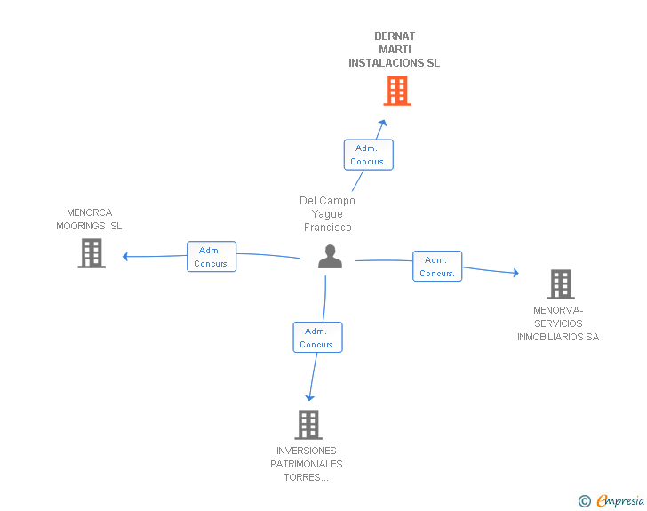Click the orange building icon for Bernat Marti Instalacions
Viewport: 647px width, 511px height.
(397, 91)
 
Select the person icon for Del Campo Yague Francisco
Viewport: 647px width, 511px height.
(330, 257)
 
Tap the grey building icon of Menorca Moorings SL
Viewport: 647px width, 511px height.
(92, 253)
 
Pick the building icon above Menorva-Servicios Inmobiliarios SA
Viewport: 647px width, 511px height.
(560, 284)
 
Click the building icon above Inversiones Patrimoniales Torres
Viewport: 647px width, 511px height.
(308, 425)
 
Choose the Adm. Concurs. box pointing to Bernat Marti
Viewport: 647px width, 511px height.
(368, 155)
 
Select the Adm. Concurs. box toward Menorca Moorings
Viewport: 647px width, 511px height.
(212, 257)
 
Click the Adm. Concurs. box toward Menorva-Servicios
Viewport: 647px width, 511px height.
(436, 267)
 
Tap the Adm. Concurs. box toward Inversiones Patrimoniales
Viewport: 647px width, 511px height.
(317, 338)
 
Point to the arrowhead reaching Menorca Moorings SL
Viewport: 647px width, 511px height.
(126, 257)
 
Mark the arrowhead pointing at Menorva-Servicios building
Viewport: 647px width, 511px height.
(515, 274)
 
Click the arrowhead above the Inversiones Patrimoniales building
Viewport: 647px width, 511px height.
(309, 397)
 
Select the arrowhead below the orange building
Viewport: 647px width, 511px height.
(383, 124)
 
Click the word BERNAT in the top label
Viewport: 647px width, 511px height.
(395, 36)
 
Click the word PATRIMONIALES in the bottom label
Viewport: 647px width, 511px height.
(307, 464)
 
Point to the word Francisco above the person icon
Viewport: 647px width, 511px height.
(327, 228)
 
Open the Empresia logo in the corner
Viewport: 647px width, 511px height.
(620, 501)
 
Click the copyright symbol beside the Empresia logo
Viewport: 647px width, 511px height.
(584, 502)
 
